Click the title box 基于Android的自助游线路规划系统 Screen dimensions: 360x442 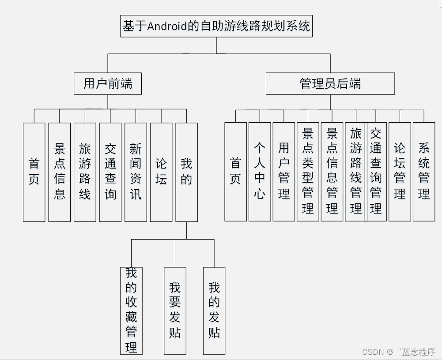pyautogui.click(x=216, y=26)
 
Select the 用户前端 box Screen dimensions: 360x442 pyautogui.click(x=108, y=83)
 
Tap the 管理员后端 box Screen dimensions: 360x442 pyautogui.click(x=330, y=83)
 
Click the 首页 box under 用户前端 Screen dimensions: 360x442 pyautogui.click(x=34, y=172)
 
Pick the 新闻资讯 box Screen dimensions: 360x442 pyautogui.click(x=136, y=172)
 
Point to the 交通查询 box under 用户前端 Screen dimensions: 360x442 pyautogui.click(x=110, y=172)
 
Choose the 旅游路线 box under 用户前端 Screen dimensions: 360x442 pyautogui.click(x=85, y=172)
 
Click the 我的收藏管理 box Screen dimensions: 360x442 pyautogui.click(x=131, y=310)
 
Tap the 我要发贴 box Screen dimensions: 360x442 pyautogui.click(x=175, y=310)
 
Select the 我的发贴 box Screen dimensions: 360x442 pyautogui.click(x=214, y=310)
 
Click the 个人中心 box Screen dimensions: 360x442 pyautogui.click(x=260, y=172)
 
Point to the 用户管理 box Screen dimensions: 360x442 pyautogui.click(x=284, y=172)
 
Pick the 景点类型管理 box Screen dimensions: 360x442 pyautogui.click(x=308, y=172)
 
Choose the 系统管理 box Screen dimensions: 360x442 pyautogui.click(x=424, y=172)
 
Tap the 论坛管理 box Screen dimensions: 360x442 pyautogui.click(x=400, y=172)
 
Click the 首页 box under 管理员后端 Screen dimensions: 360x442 pyautogui.click(x=235, y=172)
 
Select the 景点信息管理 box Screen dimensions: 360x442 pyautogui.click(x=332, y=172)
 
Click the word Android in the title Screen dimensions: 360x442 pyautogui.click(x=167, y=26)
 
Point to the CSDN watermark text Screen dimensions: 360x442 pyautogui.click(x=371, y=352)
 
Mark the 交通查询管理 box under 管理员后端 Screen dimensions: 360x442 pyautogui.click(x=377, y=172)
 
